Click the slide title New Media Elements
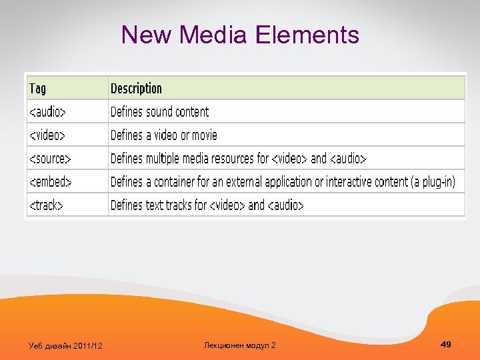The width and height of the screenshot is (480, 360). [240, 35]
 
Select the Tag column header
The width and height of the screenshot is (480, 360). [37, 89]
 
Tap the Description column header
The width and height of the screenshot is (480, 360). [136, 89]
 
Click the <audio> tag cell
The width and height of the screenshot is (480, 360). [47, 112]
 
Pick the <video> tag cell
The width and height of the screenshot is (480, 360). [47, 135]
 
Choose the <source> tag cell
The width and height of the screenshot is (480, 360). [49, 159]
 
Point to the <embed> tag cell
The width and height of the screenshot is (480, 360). [49, 182]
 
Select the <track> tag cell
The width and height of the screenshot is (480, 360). [45, 205]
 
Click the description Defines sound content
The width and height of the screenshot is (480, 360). [159, 112]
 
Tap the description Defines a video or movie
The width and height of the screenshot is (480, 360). [164, 135]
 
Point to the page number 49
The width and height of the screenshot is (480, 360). [446, 344]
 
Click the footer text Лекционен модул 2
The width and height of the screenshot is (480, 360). [239, 345]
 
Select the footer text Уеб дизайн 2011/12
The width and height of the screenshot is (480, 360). [65, 345]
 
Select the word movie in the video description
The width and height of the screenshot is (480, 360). [204, 135]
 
